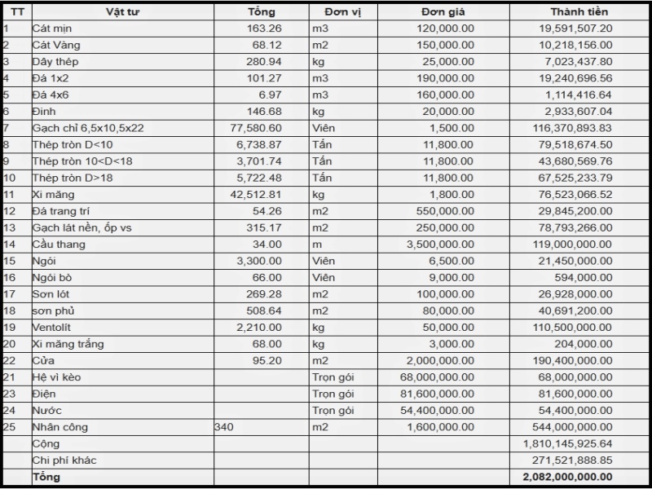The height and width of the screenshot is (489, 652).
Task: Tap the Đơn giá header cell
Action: click(x=443, y=12)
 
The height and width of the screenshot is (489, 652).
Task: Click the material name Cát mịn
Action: click(x=52, y=29)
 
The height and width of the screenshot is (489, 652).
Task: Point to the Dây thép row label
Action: click(x=55, y=62)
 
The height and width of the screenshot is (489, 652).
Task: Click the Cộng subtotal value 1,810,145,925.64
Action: click(x=568, y=444)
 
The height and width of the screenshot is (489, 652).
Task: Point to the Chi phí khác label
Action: click(x=64, y=460)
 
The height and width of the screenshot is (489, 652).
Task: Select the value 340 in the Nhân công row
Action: click(x=223, y=427)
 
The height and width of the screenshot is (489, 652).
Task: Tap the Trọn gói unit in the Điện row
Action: click(x=333, y=394)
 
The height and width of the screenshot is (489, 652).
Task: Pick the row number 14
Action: click(x=10, y=244)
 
